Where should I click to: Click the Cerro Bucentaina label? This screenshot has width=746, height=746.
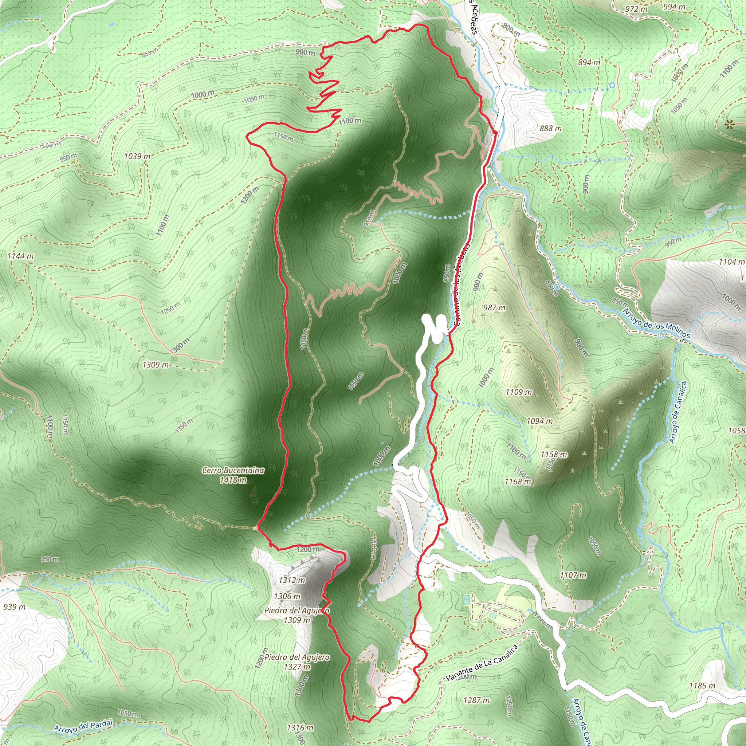[233, 470]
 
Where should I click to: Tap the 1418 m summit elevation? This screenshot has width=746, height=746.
[233, 480]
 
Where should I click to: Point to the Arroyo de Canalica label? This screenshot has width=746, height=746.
[678, 412]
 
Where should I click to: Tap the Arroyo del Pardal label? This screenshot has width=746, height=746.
[83, 726]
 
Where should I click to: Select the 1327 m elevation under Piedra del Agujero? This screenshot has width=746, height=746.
[297, 667]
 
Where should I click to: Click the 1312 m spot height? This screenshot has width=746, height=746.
[292, 580]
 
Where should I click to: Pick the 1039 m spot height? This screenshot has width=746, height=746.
[137, 156]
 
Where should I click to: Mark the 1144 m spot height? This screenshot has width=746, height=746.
[20, 256]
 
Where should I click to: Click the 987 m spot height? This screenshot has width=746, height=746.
[494, 308]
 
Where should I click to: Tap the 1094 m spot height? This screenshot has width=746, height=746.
[539, 421]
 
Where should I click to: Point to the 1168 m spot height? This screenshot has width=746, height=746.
[518, 481]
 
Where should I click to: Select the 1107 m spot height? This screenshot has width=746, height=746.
[573, 575]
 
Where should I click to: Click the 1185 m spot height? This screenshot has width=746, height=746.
[702, 686]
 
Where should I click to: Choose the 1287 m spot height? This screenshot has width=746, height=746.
[476, 700]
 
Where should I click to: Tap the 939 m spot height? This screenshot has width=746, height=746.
[15, 607]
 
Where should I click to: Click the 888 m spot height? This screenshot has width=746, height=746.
[550, 128]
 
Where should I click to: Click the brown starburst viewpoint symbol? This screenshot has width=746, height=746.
[729, 124]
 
